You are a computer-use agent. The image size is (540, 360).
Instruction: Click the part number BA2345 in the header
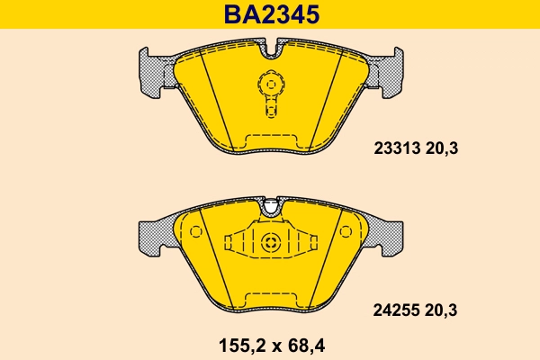[270, 13]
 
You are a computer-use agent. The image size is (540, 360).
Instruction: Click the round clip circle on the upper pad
[271, 85]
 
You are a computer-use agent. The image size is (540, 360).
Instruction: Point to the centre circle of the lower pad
[271, 242]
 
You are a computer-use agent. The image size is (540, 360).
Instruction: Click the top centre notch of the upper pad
[271, 47]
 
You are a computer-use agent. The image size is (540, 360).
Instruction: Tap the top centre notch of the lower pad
[271, 208]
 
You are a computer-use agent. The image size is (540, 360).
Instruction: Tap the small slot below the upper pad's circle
[271, 111]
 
